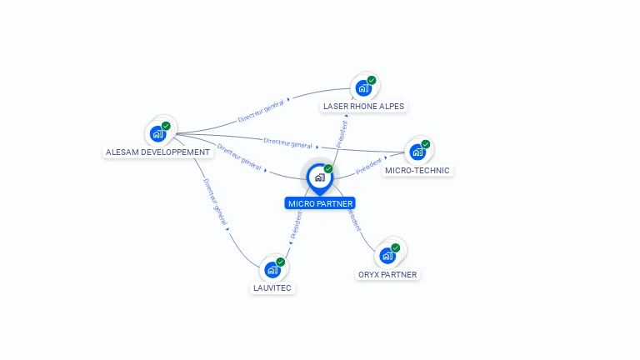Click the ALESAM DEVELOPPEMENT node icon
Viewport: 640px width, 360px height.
coord(158,133)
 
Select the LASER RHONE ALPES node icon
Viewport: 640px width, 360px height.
coord(363,87)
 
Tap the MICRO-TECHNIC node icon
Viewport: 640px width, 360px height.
coord(417,152)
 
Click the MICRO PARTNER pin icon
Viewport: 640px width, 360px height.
coord(319,177)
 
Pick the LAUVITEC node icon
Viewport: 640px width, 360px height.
coord(272,269)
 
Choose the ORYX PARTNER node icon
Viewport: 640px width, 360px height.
coord(387,255)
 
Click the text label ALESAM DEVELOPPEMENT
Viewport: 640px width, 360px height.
coord(158,152)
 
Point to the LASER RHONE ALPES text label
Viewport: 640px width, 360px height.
coord(364,107)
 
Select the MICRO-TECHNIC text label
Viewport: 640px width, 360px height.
coord(417,171)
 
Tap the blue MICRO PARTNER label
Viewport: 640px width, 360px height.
coord(320,203)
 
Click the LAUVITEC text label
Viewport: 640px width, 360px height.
coord(272,288)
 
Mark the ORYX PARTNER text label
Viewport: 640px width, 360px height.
coord(387,274)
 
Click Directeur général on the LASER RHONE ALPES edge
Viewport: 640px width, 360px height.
coord(261,109)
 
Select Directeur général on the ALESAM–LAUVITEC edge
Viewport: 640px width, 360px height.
coord(214,202)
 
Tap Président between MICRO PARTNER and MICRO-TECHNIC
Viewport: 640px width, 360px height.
coord(369,165)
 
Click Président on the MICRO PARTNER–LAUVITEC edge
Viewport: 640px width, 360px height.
coord(297,225)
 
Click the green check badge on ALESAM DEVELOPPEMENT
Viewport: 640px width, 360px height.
coord(166,126)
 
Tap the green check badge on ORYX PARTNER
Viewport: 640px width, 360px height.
coord(395,247)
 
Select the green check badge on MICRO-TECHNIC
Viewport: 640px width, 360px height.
coord(425,144)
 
